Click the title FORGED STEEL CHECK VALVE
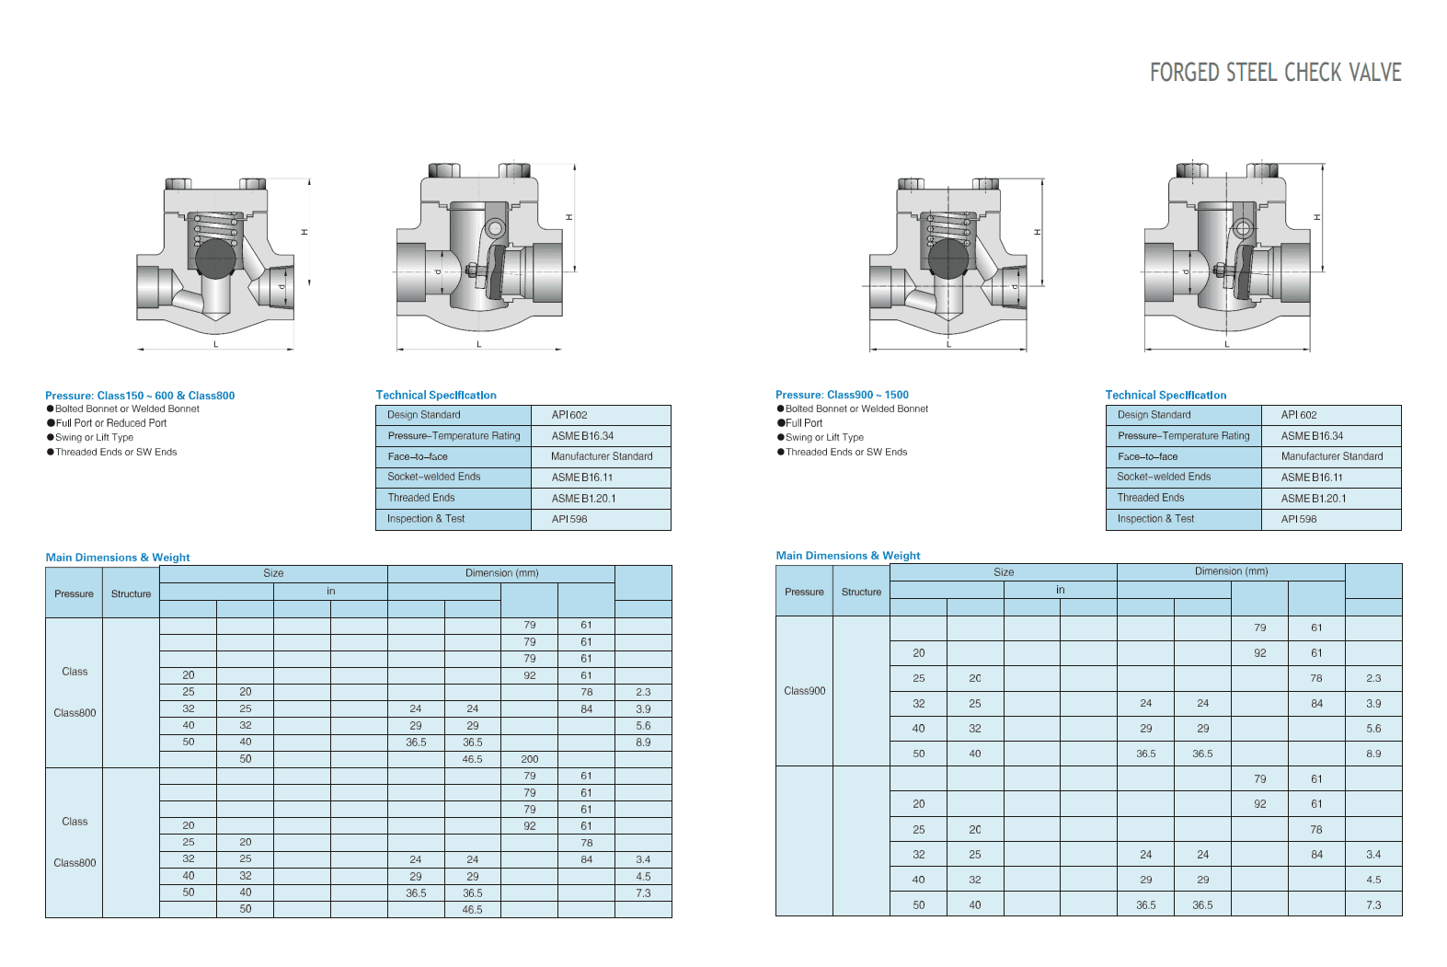pos(1275,73)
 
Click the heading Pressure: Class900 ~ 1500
pos(842,395)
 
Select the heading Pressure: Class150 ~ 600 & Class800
pos(140,396)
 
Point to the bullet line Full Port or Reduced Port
pos(111,423)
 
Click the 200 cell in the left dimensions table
pos(530,759)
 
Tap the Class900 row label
pos(804,691)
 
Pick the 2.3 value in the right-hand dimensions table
pos(1373,678)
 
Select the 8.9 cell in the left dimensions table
pos(643,743)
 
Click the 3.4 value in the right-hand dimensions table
pos(1373,855)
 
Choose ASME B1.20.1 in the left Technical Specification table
pos(583,498)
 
